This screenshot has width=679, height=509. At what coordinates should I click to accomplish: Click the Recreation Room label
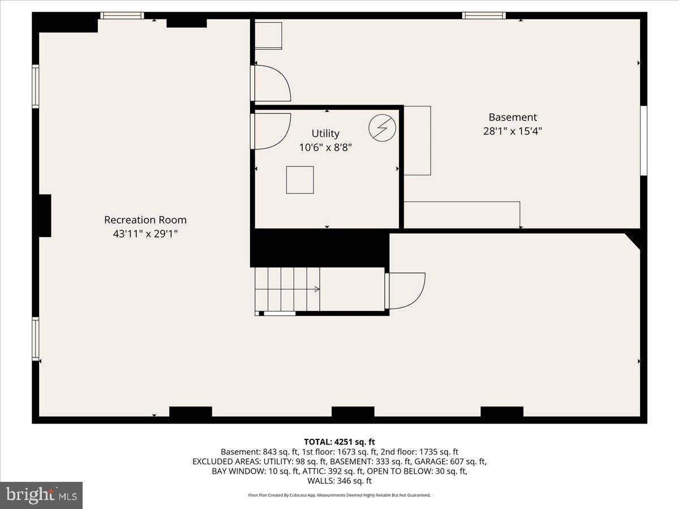click(145, 220)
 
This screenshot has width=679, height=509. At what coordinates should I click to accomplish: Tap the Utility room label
click(325, 133)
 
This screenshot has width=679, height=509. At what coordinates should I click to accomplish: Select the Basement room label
click(513, 118)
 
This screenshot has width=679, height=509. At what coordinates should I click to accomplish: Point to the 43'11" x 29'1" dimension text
click(145, 234)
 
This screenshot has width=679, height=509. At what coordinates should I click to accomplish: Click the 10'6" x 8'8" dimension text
click(325, 148)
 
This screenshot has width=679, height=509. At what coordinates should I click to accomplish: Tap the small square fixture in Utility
click(300, 180)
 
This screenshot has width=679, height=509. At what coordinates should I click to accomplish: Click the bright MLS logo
click(41, 495)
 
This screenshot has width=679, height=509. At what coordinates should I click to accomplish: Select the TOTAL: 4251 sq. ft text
click(339, 442)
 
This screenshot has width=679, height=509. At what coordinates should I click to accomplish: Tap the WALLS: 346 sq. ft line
click(339, 481)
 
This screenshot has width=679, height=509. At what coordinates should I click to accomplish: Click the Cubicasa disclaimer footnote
click(339, 495)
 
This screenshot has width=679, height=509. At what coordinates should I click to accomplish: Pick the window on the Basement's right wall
click(643, 140)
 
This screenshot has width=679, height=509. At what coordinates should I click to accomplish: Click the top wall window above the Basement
click(484, 15)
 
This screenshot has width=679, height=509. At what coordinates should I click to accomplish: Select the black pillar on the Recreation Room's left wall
click(44, 215)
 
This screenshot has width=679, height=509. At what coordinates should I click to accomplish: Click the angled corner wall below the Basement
click(634, 240)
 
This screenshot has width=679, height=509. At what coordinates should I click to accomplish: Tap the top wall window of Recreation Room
click(122, 15)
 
